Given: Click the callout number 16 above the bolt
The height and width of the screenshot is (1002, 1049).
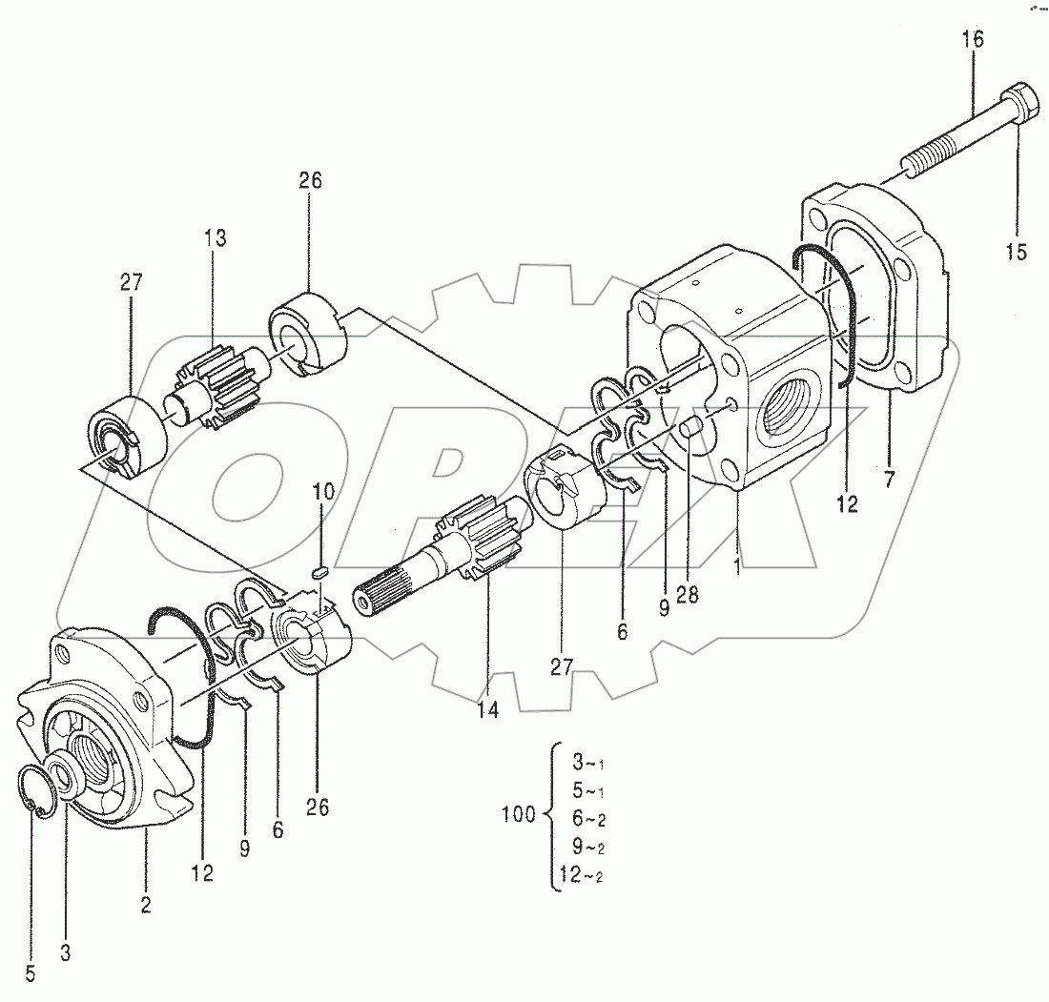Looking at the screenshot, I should pos(972,40).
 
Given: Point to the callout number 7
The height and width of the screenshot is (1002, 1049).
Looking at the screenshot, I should pos(889,480).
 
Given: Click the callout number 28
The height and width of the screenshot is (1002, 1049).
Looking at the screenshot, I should pos(687,594).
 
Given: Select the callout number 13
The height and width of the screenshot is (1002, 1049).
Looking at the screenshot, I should pos(215,238).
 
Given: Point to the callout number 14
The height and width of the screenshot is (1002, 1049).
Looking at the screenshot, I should pos(488,709).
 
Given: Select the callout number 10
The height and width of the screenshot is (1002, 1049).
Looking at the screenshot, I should pos(323,492).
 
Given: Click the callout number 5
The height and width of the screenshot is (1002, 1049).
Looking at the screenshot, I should pos(31,973).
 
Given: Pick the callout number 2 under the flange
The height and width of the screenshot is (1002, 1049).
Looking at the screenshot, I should pos(146,905).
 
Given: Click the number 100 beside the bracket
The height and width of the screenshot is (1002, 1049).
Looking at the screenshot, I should pos(518,814).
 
